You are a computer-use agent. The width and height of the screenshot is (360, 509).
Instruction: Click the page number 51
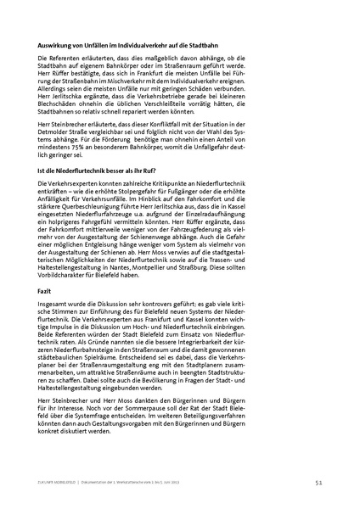coord(318,482)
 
